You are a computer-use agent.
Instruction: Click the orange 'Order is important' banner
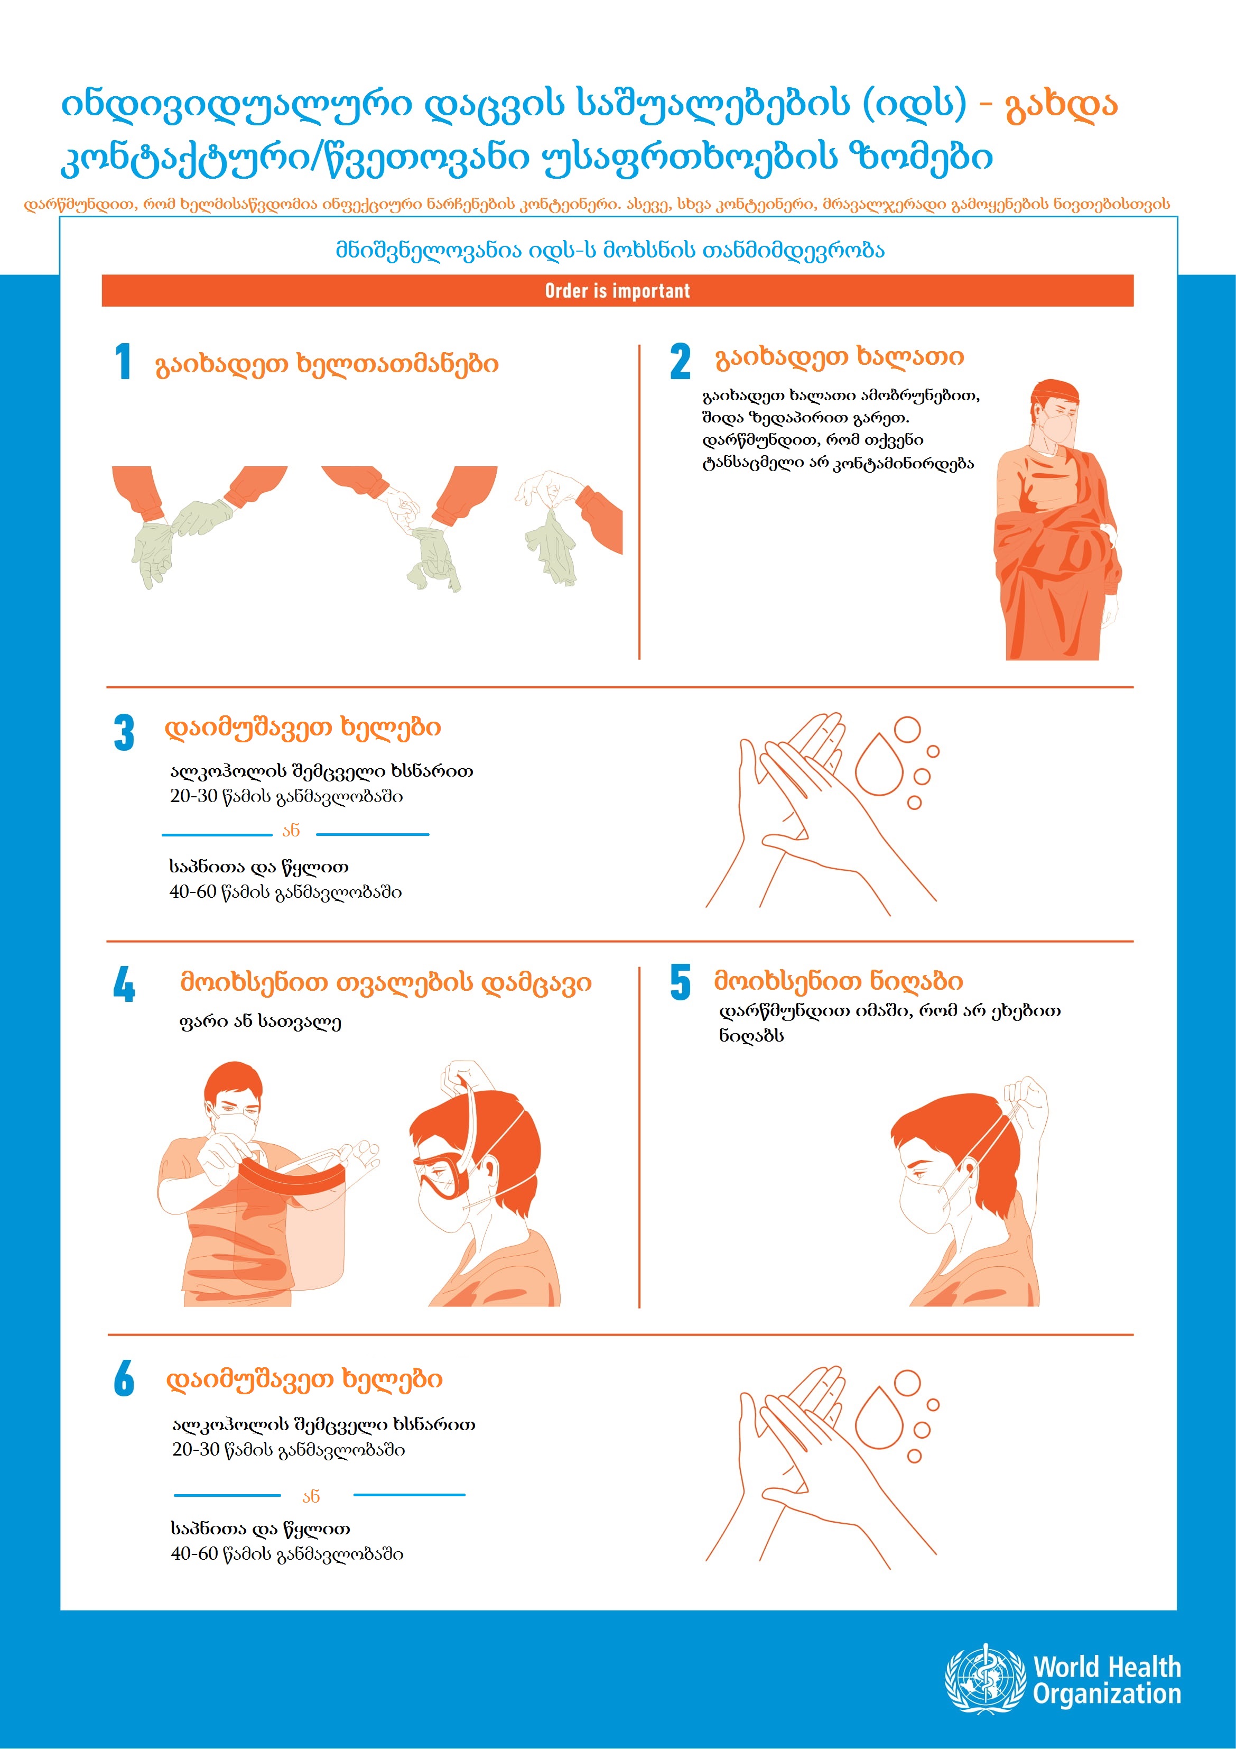pyautogui.click(x=618, y=290)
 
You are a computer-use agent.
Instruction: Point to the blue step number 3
pyautogui.click(x=124, y=733)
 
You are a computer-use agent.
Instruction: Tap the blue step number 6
pyautogui.click(x=124, y=1379)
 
